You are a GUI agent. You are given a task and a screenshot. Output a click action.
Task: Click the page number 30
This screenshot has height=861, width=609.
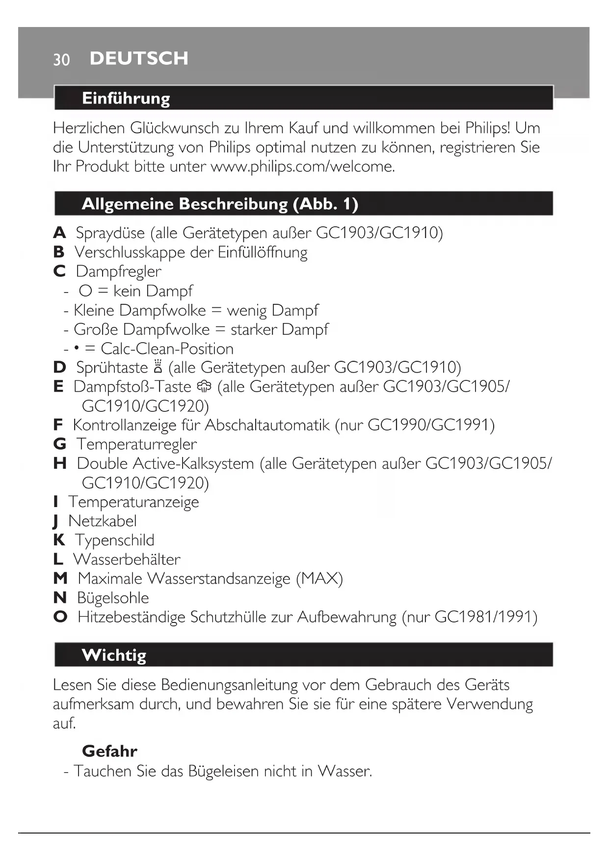pos(61,59)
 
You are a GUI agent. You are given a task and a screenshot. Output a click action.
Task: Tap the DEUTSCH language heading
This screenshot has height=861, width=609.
pos(139,58)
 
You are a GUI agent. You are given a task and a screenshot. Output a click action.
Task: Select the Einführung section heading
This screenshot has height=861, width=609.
pos(126,98)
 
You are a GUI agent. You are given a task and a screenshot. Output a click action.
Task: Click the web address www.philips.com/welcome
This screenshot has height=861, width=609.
pos(302,166)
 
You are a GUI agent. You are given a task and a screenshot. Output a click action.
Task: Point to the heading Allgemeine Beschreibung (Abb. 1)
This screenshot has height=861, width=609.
pos(220,204)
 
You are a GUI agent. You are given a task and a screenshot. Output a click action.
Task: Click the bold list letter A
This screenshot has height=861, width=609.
pos(59,233)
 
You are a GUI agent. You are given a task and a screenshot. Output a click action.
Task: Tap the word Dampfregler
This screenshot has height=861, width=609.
pos(118,271)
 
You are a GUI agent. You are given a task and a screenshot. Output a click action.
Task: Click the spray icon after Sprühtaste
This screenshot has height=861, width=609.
pos(158,367)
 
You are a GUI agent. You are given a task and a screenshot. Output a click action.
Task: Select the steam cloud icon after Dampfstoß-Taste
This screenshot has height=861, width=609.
pos(204,387)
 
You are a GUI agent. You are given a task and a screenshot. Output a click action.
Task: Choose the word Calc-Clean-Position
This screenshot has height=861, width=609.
pos(167,349)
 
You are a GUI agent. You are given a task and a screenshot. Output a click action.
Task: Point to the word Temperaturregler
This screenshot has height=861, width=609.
pos(136,444)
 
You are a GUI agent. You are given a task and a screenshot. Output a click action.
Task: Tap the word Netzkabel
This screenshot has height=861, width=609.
pos(103,521)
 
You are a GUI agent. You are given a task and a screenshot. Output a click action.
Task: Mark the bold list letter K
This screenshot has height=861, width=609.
pos(59,540)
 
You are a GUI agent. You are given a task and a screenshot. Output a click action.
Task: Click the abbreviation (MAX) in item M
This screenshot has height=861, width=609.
pos(319,579)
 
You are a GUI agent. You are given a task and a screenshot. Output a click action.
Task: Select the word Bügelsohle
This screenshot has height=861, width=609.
pos(113,598)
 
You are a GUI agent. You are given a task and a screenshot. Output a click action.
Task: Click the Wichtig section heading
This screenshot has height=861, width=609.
pos(114,655)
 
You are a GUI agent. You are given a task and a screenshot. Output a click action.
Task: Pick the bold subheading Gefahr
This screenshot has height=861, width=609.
pos(109,751)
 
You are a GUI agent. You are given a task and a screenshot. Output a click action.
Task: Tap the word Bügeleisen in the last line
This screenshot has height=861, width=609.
pos(223,771)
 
